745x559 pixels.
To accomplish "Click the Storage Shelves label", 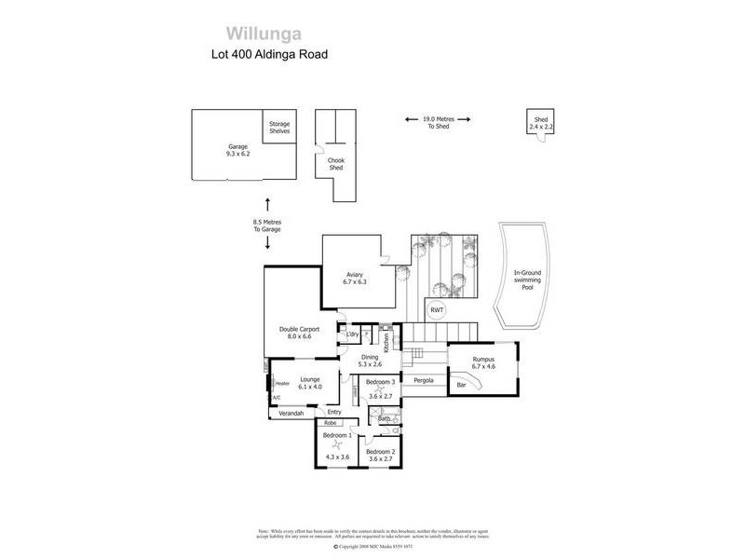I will point(279,129).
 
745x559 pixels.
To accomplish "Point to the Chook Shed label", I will point(335,164).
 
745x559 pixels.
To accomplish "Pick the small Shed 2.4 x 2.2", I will point(541,122).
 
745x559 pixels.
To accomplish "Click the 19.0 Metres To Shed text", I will point(438,122).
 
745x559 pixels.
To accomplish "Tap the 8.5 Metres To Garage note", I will point(267,225).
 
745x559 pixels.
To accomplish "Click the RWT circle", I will point(436,310).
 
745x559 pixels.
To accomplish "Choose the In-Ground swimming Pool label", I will point(527,280).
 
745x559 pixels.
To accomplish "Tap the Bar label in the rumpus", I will point(460,385).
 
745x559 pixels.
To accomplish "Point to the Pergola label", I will point(425,381).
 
